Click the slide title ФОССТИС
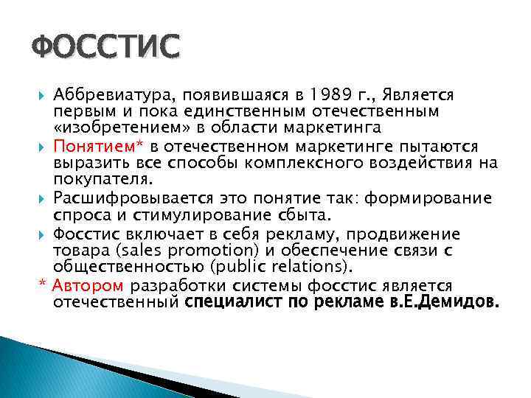105,47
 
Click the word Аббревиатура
108,95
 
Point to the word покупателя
102,178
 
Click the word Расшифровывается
127,199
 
